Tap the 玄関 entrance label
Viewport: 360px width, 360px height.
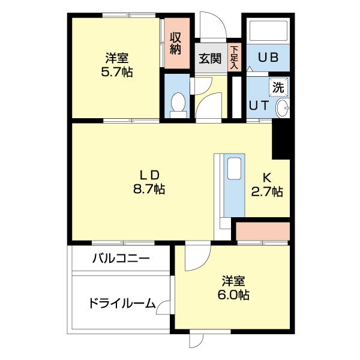[210, 59]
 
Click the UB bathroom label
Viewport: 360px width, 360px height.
[267, 58]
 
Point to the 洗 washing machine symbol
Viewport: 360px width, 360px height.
[278, 86]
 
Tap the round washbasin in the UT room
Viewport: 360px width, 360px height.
[282, 108]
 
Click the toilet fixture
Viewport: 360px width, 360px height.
[178, 104]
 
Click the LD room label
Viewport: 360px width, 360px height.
[149, 175]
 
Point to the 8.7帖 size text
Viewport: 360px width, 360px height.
[149, 189]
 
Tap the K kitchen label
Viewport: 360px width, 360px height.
[268, 178]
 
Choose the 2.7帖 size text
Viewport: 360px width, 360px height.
[267, 192]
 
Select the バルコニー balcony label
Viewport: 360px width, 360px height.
[120, 259]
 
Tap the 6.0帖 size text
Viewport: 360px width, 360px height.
[234, 295]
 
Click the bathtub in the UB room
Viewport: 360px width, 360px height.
[268, 32]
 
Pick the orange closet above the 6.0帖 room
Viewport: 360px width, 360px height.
[263, 230]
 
